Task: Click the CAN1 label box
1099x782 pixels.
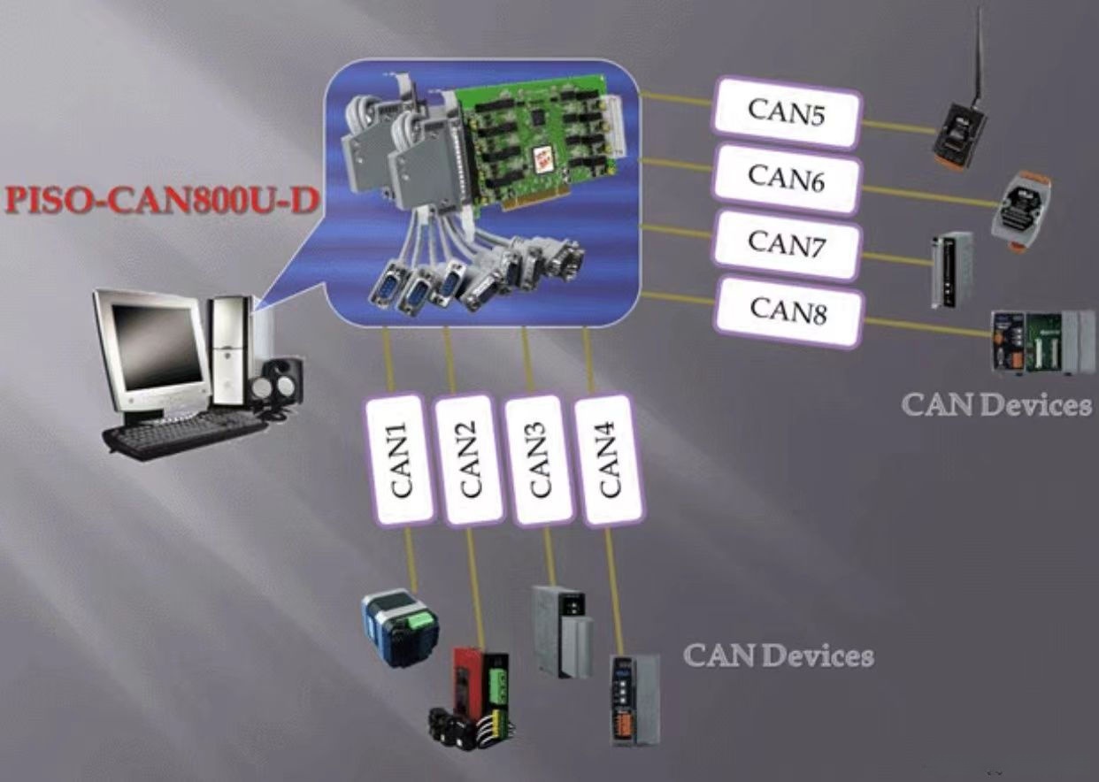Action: click(399, 459)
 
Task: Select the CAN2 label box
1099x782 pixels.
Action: click(469, 460)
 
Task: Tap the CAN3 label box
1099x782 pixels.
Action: click(540, 460)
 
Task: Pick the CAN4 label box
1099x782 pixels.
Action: click(610, 460)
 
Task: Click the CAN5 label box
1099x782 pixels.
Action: click(786, 112)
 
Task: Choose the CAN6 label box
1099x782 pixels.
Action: click(786, 179)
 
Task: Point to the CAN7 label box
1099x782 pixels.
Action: click(786, 243)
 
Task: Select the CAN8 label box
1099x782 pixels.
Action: click(788, 311)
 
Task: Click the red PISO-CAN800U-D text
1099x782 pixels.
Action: click(161, 200)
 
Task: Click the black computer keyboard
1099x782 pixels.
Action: click(184, 434)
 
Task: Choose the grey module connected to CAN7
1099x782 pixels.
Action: click(951, 269)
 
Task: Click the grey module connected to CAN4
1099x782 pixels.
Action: click(634, 699)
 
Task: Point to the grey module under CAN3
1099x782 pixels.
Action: click(562, 629)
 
